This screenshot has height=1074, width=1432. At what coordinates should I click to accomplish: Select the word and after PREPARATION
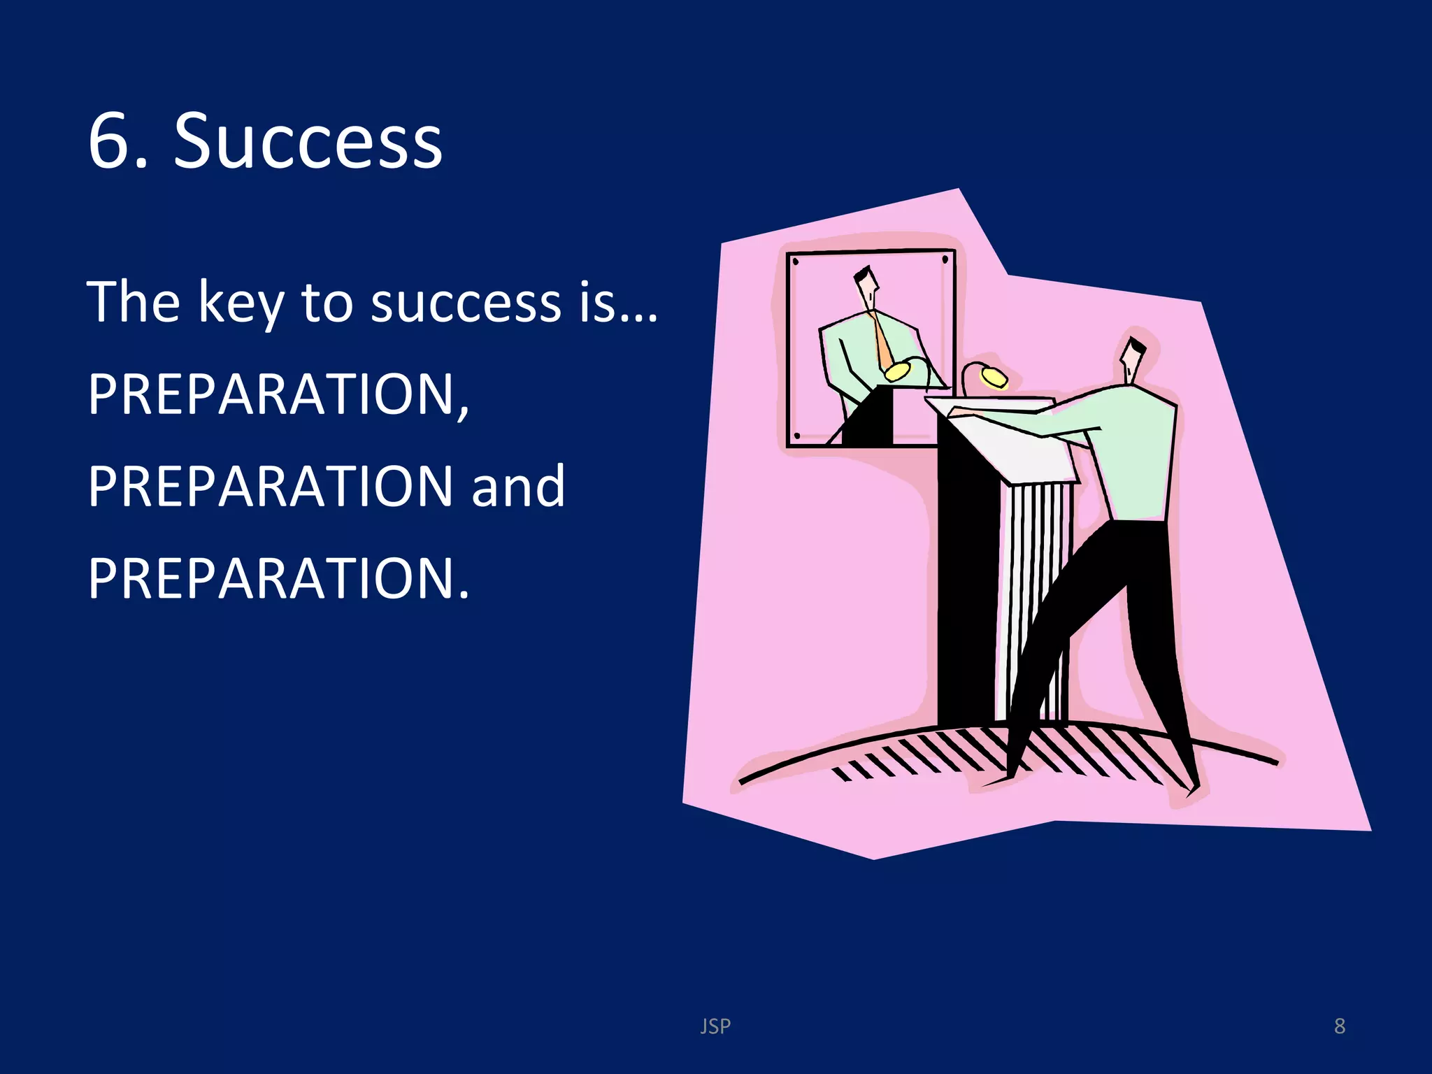pyautogui.click(x=518, y=487)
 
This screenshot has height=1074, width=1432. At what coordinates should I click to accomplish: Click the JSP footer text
pyautogui.click(x=715, y=1026)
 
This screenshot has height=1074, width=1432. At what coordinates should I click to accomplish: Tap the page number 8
pyautogui.click(x=1339, y=1026)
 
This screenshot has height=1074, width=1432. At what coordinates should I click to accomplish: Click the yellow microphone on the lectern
pyautogui.click(x=993, y=378)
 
